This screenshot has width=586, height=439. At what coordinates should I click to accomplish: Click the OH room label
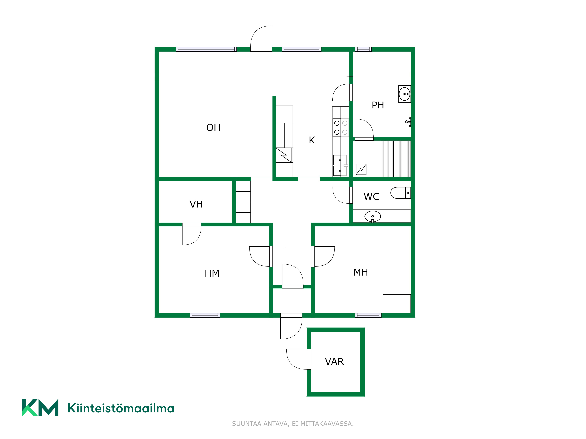(x=213, y=128)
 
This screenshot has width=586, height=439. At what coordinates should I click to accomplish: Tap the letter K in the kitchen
(x=312, y=140)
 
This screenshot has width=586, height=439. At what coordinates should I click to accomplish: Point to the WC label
(x=371, y=197)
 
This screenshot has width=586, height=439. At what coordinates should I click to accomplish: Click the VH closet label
(x=196, y=204)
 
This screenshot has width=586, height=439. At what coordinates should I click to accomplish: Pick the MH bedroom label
(x=361, y=272)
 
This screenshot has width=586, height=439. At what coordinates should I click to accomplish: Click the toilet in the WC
(x=401, y=193)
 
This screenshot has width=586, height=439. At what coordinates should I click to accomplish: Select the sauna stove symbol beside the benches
(x=361, y=169)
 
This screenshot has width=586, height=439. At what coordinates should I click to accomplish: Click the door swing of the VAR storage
(x=297, y=359)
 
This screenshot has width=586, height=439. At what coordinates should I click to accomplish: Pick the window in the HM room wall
(x=205, y=315)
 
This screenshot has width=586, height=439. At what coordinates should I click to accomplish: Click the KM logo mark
(x=40, y=407)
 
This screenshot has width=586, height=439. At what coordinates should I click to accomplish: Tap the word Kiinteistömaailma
(x=121, y=408)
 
